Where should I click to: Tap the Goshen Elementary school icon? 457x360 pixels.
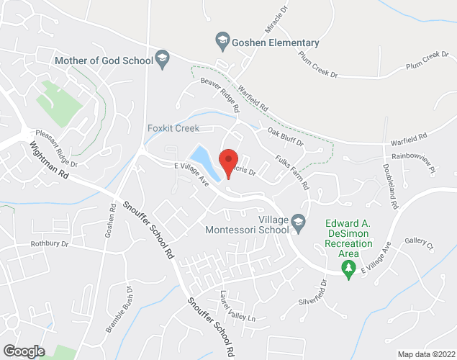(x=222, y=40)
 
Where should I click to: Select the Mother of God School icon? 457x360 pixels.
(x=163, y=60)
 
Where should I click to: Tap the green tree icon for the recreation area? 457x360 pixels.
(x=349, y=269)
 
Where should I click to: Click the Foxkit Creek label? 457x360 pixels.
(x=173, y=128)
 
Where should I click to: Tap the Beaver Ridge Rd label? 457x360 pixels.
(x=220, y=96)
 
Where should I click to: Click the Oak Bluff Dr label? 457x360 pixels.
(x=286, y=137)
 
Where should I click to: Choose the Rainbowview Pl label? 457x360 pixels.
(x=414, y=163)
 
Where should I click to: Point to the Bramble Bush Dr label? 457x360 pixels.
(x=119, y=309)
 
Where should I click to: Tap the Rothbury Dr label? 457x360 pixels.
(x=49, y=244)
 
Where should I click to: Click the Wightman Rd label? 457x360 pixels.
(x=50, y=164)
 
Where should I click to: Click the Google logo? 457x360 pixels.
(x=23, y=351)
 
